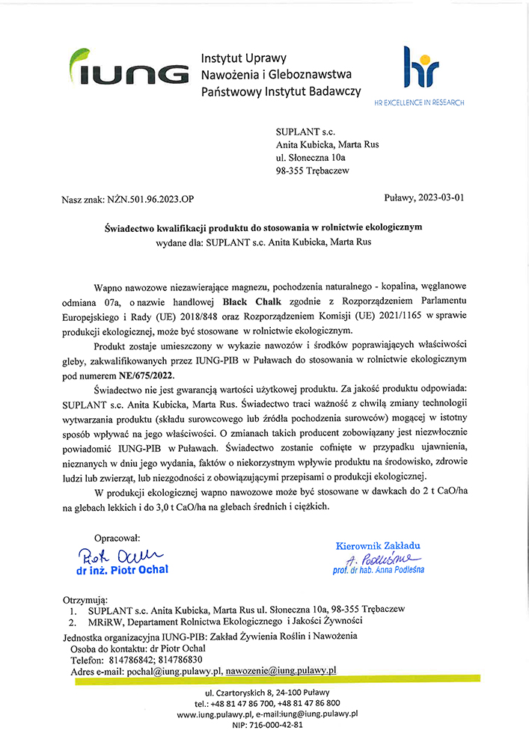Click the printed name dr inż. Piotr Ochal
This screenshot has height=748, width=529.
122,570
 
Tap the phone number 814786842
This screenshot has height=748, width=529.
129,660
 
